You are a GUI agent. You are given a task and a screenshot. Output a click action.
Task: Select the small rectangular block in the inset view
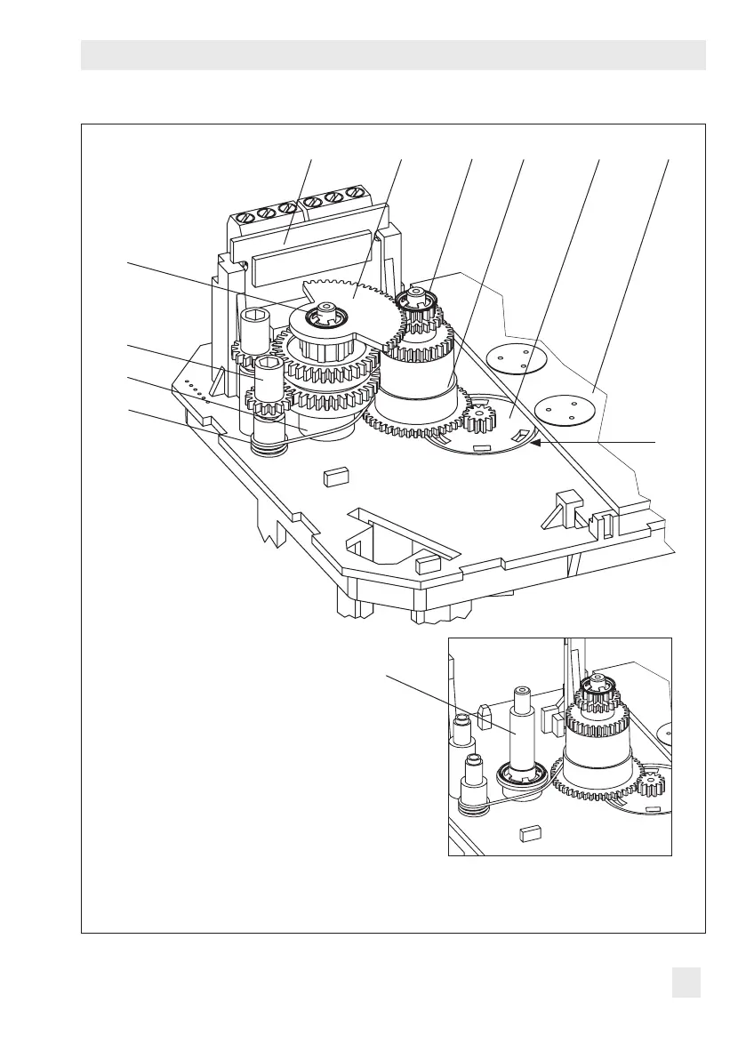[531, 833]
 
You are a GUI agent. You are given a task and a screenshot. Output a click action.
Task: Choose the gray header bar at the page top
[393, 55]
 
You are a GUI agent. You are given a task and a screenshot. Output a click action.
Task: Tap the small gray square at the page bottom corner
[686, 983]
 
